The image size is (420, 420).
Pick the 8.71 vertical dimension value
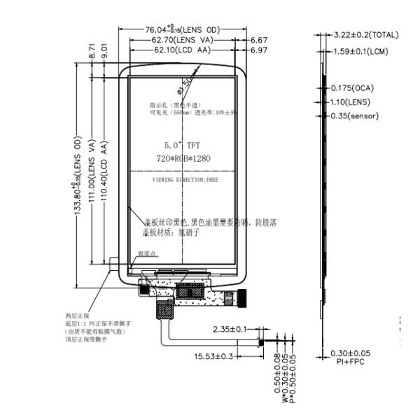coord(92,50)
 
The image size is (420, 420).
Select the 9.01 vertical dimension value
coord(104,50)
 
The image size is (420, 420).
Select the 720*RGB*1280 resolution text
coord(183,159)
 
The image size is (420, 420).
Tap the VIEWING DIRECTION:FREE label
coord(183,180)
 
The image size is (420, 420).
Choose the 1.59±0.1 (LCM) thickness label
coord(360,51)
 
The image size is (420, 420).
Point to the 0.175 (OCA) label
coord(354,88)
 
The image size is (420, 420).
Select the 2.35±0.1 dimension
coord(231,329)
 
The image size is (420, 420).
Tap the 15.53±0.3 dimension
coord(213,357)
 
